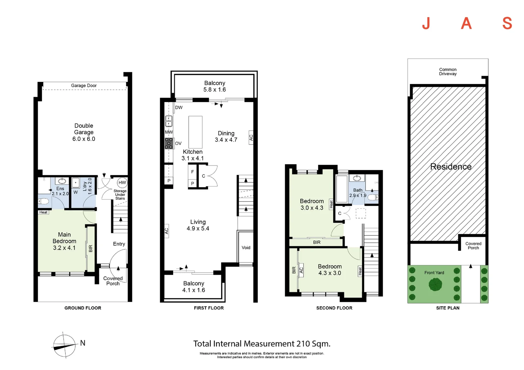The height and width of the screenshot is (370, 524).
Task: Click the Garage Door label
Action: tap(84, 86)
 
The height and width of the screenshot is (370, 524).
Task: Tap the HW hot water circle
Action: tap(122, 183)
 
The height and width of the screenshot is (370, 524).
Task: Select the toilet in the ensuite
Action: tap(43, 201)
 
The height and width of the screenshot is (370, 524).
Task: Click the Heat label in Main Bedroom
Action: tap(43, 212)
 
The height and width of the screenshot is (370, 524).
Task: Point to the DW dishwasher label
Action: tap(179, 108)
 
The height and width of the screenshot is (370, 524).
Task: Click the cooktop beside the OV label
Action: tap(169, 143)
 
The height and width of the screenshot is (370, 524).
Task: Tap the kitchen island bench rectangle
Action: tap(195, 132)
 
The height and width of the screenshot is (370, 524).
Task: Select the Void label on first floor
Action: tap(246, 248)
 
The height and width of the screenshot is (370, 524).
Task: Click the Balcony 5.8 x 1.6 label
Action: tap(215, 86)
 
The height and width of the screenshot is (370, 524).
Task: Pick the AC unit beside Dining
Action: tap(251, 137)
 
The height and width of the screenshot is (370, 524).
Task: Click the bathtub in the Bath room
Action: tap(342, 189)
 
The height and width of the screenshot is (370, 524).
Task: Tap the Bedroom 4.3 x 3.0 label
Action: tap(330, 270)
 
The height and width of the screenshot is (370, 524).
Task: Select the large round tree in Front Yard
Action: tap(435, 284)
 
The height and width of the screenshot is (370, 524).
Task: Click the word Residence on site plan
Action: tap(451, 166)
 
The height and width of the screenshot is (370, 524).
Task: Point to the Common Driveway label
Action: tap(448, 72)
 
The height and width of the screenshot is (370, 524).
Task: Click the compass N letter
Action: tap(83, 343)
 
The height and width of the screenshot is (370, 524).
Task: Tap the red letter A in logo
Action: tap(466, 23)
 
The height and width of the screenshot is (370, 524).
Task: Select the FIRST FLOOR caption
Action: tap(209, 308)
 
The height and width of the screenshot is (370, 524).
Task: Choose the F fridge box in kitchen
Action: tap(192, 172)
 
